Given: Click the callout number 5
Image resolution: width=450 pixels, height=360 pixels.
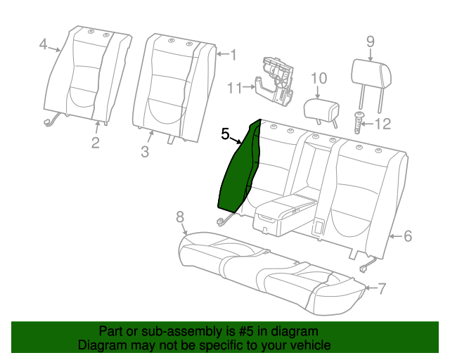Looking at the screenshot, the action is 225,134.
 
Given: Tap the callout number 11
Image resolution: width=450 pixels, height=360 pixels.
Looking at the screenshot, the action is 235,88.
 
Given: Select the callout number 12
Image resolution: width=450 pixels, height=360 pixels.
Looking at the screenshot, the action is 382,124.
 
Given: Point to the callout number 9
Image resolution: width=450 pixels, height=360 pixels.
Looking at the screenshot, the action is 371,42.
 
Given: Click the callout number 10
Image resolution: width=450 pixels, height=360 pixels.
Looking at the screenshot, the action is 319,78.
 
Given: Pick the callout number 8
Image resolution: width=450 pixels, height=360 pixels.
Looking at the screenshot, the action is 180,217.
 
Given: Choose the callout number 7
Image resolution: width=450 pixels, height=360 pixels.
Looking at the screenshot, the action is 381,288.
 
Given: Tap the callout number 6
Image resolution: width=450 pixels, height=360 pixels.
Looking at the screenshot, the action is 408,236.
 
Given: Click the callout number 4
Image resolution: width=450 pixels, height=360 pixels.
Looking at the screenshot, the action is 43,44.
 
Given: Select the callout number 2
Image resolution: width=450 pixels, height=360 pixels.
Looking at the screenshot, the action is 96,143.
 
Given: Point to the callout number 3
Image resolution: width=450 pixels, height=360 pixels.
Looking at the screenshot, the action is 145,151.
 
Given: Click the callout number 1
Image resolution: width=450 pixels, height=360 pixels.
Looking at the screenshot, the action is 233,55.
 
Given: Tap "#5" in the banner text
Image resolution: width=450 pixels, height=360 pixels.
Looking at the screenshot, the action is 246,332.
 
